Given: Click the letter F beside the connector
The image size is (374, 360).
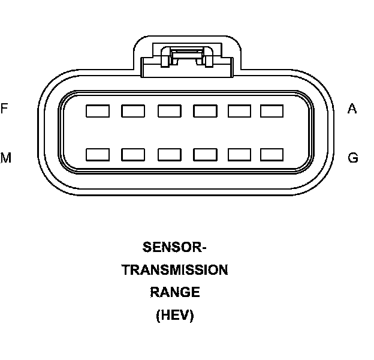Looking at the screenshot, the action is point(4,109).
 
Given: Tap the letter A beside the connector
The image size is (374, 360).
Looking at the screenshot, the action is point(352,109).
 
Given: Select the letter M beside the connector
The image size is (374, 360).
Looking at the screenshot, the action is point(5,158).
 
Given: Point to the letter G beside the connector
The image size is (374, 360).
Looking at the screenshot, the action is point(353,158).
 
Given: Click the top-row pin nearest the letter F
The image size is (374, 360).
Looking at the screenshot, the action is point(98,111).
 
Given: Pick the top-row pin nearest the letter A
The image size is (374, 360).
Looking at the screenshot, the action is point(272,111).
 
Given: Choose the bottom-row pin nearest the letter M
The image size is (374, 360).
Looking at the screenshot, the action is point(98,155).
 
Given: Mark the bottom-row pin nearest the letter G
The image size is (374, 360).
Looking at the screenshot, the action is point(272,155).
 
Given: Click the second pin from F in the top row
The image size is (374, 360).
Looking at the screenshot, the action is point(133,111).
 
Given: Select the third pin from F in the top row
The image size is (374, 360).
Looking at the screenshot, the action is point(170,111).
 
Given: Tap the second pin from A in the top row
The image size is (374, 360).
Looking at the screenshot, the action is point(240,111).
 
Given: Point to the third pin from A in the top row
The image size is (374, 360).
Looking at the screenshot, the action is point(205,111).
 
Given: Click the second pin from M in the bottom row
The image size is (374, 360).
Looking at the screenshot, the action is point(133,155).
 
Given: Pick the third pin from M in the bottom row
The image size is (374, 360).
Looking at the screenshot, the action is point(170,155).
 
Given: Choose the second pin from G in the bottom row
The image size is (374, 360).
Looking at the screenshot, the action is point(240,155).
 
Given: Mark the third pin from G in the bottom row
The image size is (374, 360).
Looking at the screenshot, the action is point(205,155).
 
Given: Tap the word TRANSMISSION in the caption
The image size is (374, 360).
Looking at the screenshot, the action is point(175,270).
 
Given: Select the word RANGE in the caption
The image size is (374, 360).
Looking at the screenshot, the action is point(175,293).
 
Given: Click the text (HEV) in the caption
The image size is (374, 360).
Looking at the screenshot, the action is point(175,316).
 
